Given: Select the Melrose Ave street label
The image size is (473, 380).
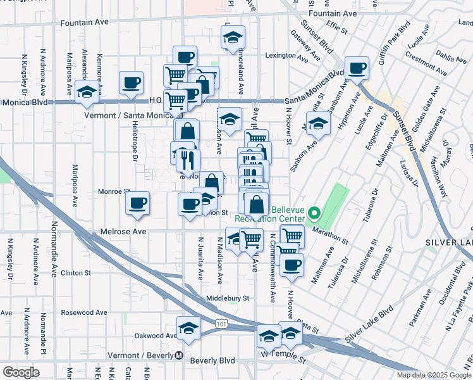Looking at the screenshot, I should coord(120,232).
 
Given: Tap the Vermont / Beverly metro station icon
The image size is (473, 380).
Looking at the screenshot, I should coord(180,355).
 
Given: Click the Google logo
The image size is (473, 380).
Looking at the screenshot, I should coord(21,372).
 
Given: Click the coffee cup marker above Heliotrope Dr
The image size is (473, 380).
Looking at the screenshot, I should coord(131,82).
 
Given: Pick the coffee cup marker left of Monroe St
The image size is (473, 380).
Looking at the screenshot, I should coord(137,203).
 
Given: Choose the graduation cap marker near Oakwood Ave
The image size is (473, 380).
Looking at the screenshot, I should coord(188,327).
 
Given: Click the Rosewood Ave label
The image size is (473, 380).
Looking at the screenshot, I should coord(83,312).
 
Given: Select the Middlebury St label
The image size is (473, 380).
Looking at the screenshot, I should coord(228,298).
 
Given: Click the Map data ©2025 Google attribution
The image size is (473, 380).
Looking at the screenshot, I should coord(434,375).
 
